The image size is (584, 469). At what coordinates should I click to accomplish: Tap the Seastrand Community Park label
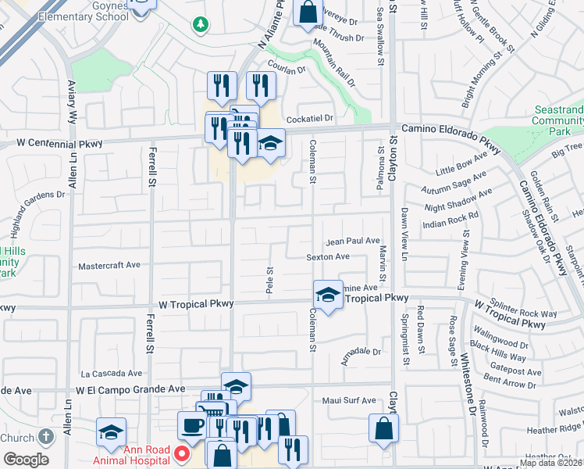point(557,121)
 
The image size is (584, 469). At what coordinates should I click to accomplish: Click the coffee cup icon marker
point(192,425)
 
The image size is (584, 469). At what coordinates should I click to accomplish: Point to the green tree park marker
point(201,25)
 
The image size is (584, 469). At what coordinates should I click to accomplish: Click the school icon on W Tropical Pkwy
point(329,295)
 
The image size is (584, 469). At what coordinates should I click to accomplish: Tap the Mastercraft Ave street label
point(109,266)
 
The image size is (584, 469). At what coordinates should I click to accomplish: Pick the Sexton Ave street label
point(328,256)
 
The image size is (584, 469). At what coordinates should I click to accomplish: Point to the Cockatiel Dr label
point(310,118)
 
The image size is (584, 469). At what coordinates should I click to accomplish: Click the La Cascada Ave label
point(112,374)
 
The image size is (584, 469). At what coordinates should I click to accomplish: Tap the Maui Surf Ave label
point(349,401)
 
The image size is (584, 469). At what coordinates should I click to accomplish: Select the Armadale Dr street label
point(361,352)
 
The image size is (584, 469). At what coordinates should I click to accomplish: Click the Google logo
point(26,460)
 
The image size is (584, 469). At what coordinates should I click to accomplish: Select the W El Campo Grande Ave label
point(130,388)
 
